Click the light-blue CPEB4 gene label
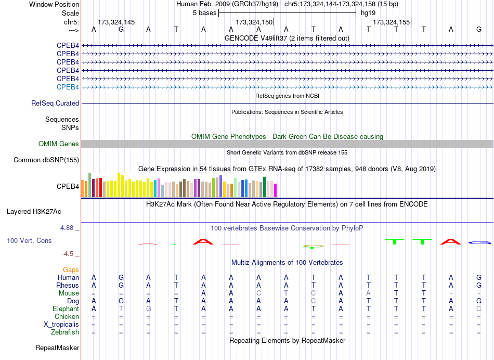pyautogui.click(x=68, y=87)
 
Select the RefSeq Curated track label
pyautogui.click(x=55, y=103)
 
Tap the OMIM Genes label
pyautogui.click(x=58, y=144)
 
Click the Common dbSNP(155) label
pyautogui.click(x=46, y=160)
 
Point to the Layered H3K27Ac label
pyautogui.click(x=34, y=212)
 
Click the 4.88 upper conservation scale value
pyautogui.click(x=67, y=227)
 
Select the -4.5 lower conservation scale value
pyautogui.click(x=68, y=254)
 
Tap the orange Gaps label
pyautogui.click(x=71, y=269)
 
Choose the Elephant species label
pyautogui.click(x=66, y=308)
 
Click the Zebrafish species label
pyautogui.click(x=65, y=332)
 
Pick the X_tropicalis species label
pyautogui.click(x=61, y=325)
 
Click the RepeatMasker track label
pyautogui.click(x=57, y=348)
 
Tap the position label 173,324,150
pyautogui.click(x=254, y=22)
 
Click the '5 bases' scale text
pyautogui.click(x=205, y=13)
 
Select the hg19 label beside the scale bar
pyautogui.click(x=368, y=13)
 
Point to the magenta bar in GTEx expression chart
pyautogui.click(x=276, y=190)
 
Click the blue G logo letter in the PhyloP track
pyautogui.click(x=479, y=243)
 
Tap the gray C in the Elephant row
pyautogui.click(x=479, y=308)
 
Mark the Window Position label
pyautogui.click(x=54, y=4)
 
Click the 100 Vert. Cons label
pyautogui.click(x=29, y=240)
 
